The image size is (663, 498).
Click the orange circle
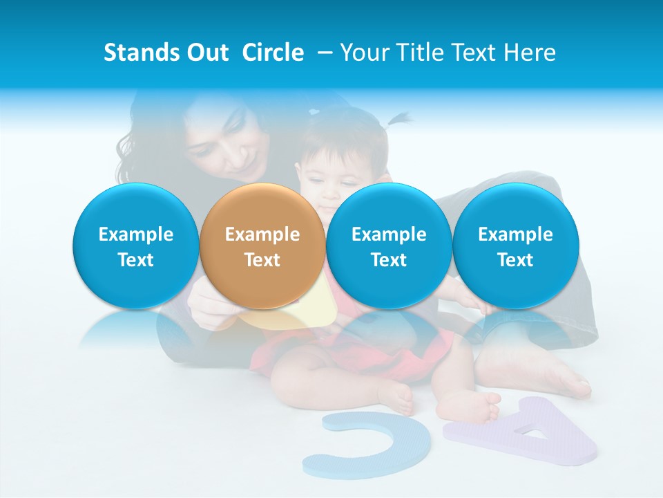(262, 246)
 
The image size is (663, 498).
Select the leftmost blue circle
(135, 246)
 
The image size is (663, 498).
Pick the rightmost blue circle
(515, 246)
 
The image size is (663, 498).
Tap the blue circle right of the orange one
(389, 246)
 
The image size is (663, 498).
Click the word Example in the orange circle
(262, 234)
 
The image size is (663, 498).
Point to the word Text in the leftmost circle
(136, 260)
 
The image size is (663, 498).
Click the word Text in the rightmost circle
(515, 260)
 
